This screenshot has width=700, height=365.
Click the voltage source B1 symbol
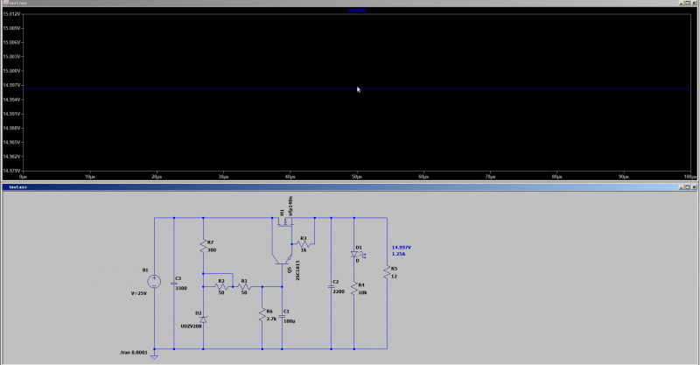(x=154, y=282)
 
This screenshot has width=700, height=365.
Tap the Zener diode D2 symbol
(x=203, y=320)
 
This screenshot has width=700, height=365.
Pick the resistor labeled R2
(x=221, y=286)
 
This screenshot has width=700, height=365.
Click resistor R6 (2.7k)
(x=262, y=314)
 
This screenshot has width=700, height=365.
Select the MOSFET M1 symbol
(x=283, y=222)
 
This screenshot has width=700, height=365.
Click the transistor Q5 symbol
(x=281, y=259)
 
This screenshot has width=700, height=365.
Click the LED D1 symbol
(x=354, y=256)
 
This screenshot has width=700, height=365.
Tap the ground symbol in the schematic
(x=154, y=355)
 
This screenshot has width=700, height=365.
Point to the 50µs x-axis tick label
(x=355, y=177)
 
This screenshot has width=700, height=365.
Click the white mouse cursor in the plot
(x=358, y=89)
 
